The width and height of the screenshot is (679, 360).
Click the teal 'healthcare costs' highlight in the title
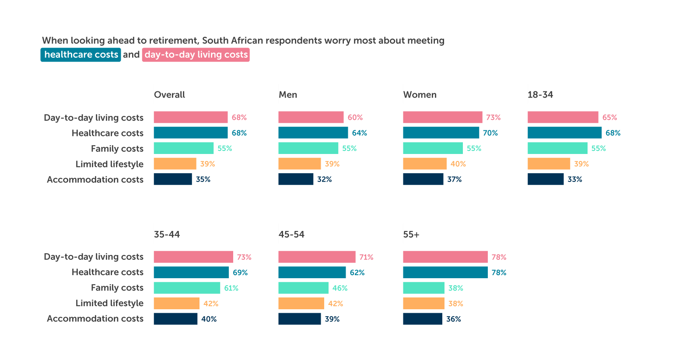coord(81,55)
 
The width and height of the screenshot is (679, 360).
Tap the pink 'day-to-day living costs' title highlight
coord(196,55)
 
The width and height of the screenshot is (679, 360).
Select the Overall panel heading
coord(169,95)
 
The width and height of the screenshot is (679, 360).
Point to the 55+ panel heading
coord(411,235)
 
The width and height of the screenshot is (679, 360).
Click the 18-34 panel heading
coord(540,95)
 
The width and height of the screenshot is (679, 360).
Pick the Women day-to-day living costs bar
coord(442,117)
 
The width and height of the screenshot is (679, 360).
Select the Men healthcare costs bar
coord(313,133)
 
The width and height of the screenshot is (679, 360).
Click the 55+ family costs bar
coord(423,288)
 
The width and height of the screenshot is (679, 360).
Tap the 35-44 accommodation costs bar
coord(175,319)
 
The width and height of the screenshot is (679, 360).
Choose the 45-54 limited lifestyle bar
coord(301,304)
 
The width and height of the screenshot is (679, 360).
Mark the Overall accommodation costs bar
coord(173,179)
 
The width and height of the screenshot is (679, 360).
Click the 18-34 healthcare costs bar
coord(564,133)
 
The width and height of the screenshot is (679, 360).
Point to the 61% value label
coord(231,288)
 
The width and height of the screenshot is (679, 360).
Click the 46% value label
coord(340,288)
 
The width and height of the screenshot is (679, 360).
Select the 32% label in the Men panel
coord(325,179)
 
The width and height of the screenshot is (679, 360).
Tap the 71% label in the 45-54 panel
coord(366,257)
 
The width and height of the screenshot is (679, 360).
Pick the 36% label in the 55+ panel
coord(454,319)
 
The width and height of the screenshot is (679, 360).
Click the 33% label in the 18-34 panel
coord(575,179)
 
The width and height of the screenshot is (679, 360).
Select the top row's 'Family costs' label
coord(117,149)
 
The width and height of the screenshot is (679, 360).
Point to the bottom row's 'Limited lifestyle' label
coord(109,303)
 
